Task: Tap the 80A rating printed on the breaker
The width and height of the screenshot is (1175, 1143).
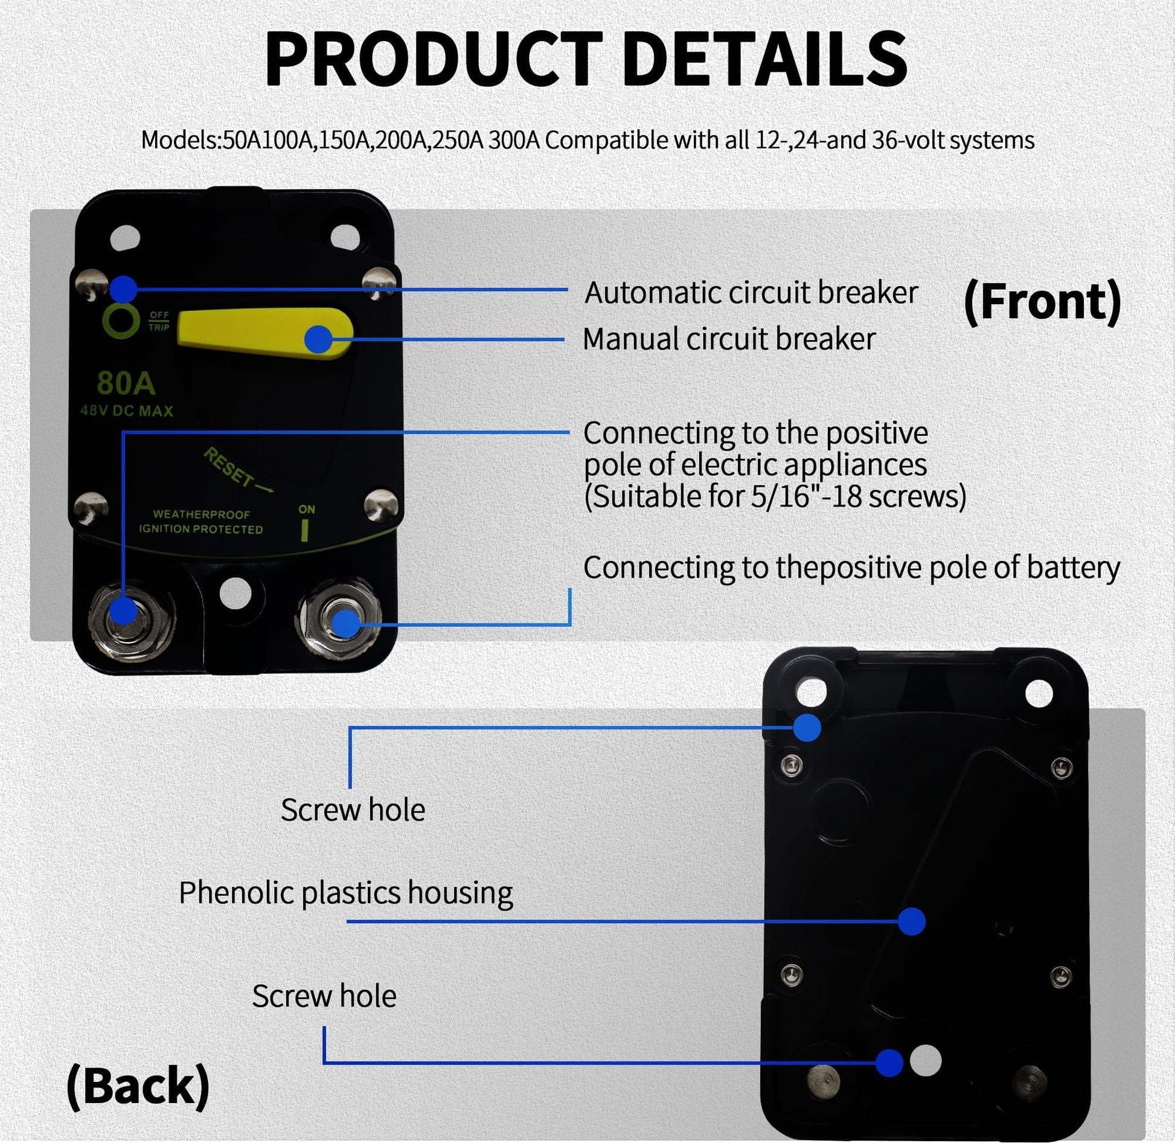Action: pos(126,383)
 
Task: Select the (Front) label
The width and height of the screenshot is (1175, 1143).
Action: pos(1042,301)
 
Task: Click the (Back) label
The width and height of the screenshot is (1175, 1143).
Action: pos(138,1086)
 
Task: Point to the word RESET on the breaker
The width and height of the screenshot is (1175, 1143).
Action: pos(229,467)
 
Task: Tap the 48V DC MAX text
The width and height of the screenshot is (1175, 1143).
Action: pos(127,411)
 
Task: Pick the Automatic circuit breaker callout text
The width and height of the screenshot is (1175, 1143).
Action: pos(751,293)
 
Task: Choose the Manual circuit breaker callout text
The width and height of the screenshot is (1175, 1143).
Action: pos(729,339)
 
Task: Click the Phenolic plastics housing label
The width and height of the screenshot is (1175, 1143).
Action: pos(346,892)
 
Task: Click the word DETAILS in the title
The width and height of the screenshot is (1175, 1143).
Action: pos(765,60)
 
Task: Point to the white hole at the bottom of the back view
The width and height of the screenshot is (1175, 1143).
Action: pos(925,1060)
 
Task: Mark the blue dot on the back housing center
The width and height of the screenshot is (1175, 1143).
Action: pos(912,921)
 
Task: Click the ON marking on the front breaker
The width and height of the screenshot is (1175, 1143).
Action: pos(306,509)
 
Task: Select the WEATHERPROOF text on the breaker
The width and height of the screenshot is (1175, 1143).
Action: pos(201,514)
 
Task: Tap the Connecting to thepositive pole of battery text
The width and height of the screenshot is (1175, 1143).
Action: pos(851,568)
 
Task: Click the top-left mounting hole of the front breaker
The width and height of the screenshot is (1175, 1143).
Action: pos(126,237)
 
